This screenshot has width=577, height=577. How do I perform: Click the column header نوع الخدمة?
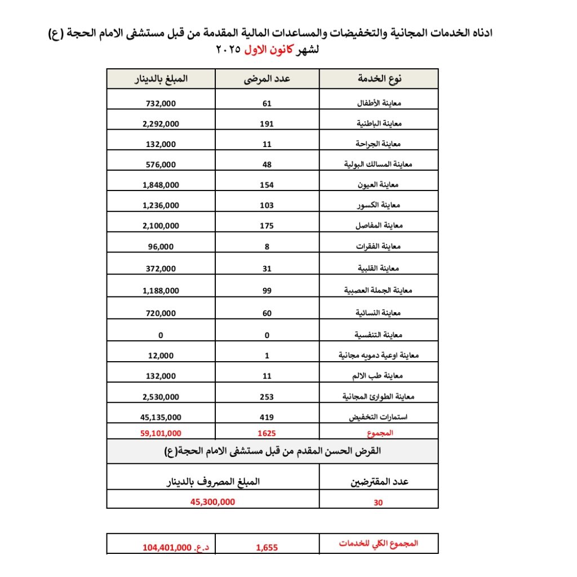click(x=379, y=79)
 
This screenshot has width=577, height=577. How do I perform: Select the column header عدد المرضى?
click(x=267, y=79)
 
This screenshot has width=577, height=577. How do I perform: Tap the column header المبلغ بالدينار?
click(x=161, y=79)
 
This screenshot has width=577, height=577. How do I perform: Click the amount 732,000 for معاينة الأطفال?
click(x=161, y=104)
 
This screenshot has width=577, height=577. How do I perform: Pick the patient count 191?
click(x=267, y=123)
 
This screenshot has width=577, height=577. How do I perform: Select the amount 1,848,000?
click(x=161, y=185)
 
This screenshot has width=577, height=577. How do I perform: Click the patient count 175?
click(x=267, y=226)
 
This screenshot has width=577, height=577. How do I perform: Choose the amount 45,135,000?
click(x=161, y=418)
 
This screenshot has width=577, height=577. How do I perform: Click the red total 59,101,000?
click(x=161, y=434)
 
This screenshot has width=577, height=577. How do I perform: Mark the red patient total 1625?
click(x=267, y=434)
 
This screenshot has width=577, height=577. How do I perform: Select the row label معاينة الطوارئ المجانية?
click(x=379, y=397)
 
